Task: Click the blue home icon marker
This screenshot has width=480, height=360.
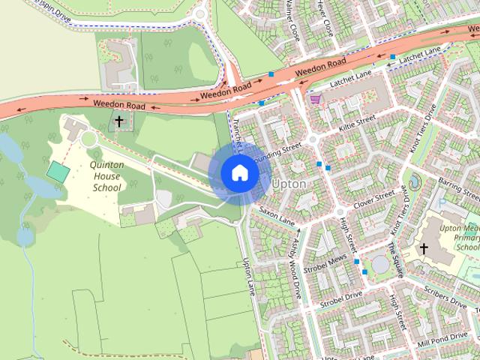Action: coord(240,173)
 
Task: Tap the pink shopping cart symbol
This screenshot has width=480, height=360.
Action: coord(316,99)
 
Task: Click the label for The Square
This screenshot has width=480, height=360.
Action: coord(395,256)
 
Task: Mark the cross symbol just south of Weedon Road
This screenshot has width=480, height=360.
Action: coord(118,121)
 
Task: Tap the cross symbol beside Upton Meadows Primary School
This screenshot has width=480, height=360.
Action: coord(424,249)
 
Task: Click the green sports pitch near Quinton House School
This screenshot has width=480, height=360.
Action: coord(57,172)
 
